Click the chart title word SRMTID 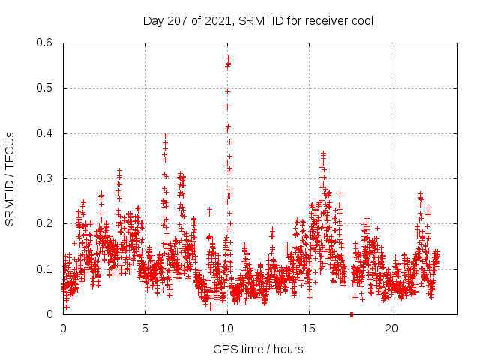click(260, 21)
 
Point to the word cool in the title click(361, 21)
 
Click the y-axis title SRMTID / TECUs click(10, 178)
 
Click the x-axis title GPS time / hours click(259, 349)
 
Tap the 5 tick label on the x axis click(145, 328)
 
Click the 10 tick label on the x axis click(227, 328)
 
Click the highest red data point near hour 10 click(228, 57)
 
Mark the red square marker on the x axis click(352, 313)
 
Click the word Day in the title click(153, 21)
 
